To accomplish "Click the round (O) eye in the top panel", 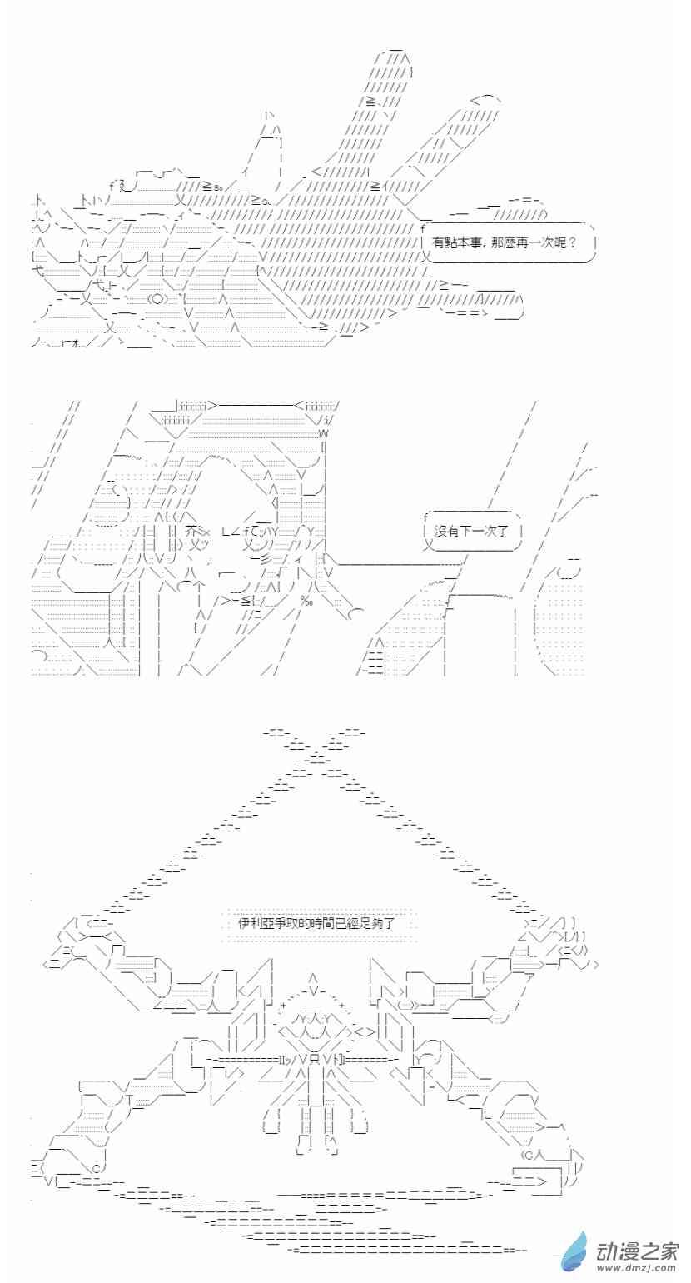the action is [x=157, y=299].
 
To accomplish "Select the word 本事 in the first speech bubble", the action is [x=470, y=242].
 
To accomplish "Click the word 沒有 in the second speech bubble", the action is [x=446, y=531].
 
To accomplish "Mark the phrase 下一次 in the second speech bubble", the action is [x=478, y=531].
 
